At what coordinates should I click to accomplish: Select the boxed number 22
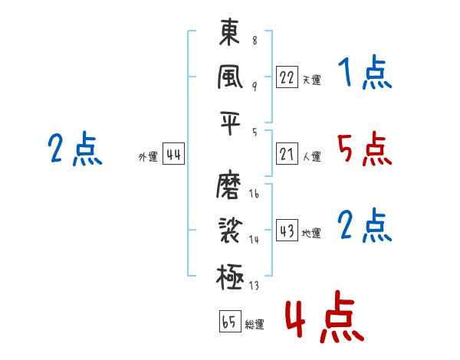tap(287, 77)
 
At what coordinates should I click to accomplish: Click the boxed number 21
tap(287, 155)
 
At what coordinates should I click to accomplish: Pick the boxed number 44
tap(173, 155)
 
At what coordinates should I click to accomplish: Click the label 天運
tap(311, 79)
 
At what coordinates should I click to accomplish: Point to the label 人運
tap(311, 156)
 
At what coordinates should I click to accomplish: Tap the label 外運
tap(148, 156)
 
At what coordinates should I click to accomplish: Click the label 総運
tap(255, 323)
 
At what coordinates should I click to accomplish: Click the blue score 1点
tap(365, 74)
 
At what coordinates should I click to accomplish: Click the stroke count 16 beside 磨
tap(254, 195)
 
